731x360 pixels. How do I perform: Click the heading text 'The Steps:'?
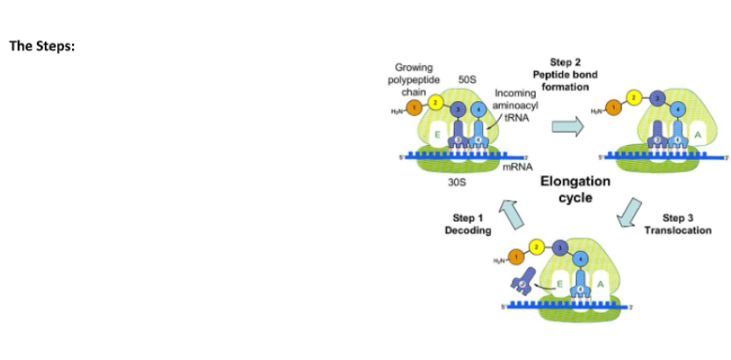(x=41, y=47)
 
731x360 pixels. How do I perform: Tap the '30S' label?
(x=457, y=183)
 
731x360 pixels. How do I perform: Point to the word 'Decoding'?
(x=468, y=230)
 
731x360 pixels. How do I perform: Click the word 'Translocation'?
(x=678, y=230)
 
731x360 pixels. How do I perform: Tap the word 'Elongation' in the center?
(x=575, y=182)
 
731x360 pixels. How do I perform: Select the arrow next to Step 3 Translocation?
(x=630, y=213)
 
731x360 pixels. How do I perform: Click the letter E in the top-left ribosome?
(x=436, y=135)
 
